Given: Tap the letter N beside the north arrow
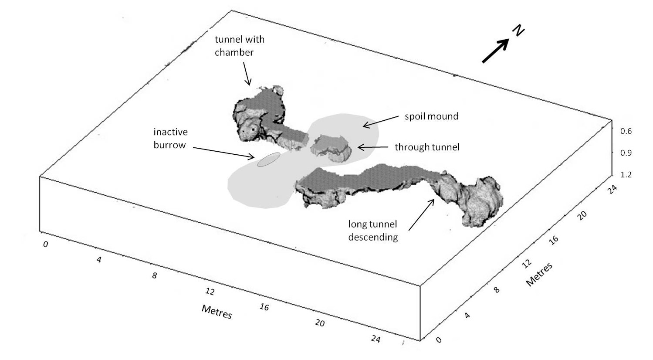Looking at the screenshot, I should [x=518, y=31].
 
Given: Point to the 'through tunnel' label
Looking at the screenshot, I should [x=427, y=147].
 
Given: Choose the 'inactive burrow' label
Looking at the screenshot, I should [x=170, y=138].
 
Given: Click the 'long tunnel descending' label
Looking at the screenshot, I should [x=372, y=231].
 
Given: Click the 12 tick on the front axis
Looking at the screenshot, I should [x=210, y=291].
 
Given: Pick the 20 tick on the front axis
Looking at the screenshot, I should [x=320, y=323].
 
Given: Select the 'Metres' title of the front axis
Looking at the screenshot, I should [x=217, y=311].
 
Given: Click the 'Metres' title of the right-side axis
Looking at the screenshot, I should [x=539, y=274].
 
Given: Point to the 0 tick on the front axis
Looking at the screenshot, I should [x=45, y=245].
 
